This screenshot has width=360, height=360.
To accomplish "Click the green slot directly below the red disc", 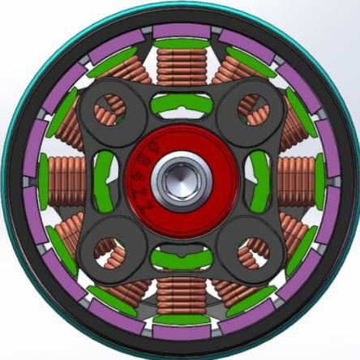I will click(179, 258).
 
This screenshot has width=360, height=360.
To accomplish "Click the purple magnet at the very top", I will click(179, 32).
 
